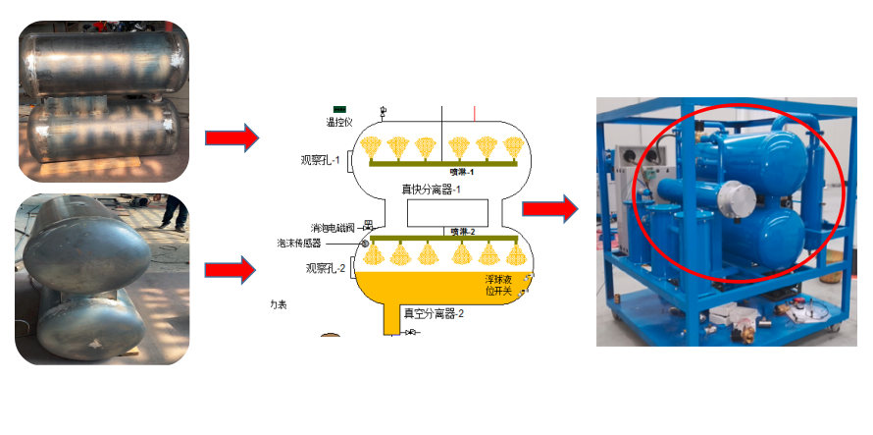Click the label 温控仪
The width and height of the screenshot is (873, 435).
338,123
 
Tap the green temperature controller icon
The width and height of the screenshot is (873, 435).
339,108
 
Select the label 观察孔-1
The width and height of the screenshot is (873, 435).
321,160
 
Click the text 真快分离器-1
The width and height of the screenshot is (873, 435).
431,189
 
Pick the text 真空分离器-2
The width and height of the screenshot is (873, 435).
433,313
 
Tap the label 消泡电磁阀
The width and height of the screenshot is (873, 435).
331,228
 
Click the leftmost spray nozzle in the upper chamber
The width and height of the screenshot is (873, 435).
370,148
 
